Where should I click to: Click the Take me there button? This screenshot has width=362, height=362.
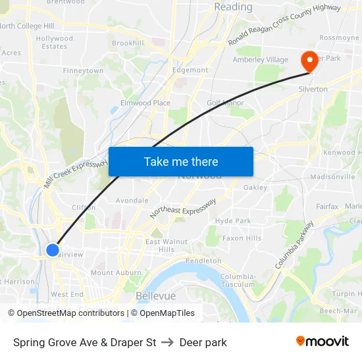[x=180, y=161]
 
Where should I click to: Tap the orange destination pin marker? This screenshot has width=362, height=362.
[x=309, y=61]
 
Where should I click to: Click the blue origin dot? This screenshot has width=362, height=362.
[x=53, y=249]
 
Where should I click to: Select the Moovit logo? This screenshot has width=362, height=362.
[x=322, y=342]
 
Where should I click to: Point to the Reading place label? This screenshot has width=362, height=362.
[x=233, y=7]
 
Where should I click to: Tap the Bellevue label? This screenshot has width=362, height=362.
[x=155, y=296]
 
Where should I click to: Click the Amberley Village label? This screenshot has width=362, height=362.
[x=260, y=60]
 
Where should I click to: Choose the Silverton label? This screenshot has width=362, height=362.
[x=313, y=90]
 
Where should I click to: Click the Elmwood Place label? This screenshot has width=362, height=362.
[x=145, y=103]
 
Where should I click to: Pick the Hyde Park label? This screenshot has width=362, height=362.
[x=233, y=221]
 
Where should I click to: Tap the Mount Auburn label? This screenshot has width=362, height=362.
[x=116, y=272]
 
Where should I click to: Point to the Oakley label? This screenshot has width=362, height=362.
[x=255, y=188]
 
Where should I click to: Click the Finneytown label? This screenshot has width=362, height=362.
[x=83, y=70]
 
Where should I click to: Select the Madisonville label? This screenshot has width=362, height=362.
[x=332, y=177]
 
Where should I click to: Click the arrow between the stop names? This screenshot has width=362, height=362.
[x=167, y=342]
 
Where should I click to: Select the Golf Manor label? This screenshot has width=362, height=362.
[x=225, y=103]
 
